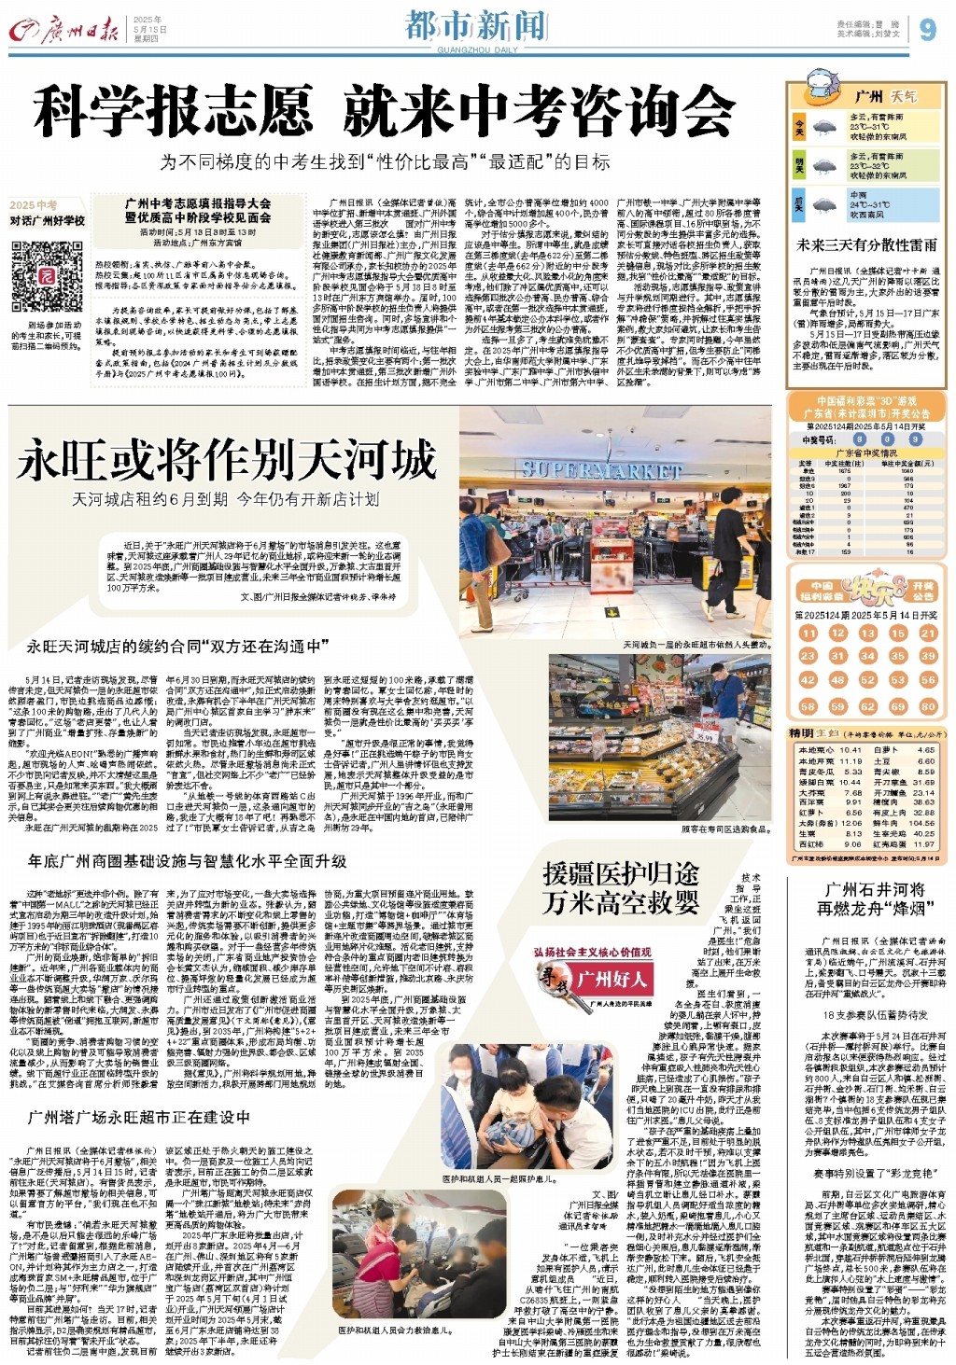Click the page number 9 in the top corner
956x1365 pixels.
point(927,29)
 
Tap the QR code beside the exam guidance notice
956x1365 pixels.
point(47,277)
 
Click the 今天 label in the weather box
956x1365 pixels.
point(799,126)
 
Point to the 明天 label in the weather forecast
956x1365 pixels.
point(799,165)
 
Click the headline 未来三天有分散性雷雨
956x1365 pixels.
point(866,244)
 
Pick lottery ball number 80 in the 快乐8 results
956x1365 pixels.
point(927,706)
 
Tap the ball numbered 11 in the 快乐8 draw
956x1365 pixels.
point(808,633)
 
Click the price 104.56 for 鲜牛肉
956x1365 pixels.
point(921,823)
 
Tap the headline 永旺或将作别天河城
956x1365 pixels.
point(226,459)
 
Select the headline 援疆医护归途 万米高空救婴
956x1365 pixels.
point(620,888)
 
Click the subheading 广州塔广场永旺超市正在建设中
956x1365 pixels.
point(139,1118)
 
